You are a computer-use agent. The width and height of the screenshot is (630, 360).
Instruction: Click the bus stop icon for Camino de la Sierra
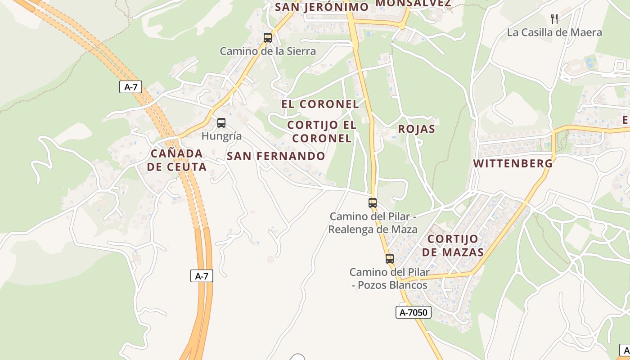click(268, 38)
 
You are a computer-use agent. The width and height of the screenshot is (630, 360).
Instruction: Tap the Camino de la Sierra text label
click(268, 51)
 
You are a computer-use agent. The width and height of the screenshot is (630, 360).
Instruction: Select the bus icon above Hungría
click(221, 122)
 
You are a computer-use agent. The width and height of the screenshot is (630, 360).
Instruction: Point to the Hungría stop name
click(221, 136)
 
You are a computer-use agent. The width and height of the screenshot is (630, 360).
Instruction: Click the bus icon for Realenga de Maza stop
click(373, 203)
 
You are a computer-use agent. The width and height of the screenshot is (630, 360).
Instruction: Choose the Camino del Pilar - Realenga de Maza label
click(373, 223)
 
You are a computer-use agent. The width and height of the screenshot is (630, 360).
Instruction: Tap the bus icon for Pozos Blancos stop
click(390, 259)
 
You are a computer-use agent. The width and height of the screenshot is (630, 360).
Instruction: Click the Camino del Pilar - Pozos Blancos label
click(389, 279)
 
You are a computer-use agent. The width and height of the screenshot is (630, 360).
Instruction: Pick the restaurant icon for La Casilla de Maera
click(554, 19)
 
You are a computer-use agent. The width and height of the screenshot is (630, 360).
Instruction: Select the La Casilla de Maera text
click(554, 32)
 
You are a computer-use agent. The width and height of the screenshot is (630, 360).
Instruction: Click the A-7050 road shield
click(414, 312)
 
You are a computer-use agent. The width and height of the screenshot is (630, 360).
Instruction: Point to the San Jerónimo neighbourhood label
click(321, 7)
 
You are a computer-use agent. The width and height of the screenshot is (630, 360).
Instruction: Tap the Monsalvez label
click(413, 4)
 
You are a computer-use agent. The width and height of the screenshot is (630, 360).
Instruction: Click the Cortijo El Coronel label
click(321, 131)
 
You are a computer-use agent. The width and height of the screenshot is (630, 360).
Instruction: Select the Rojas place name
click(417, 129)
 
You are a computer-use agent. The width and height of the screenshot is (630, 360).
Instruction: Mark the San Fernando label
click(276, 156)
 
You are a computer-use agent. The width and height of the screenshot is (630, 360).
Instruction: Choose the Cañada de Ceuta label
click(177, 160)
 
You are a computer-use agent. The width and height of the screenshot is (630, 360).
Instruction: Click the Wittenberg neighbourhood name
click(513, 163)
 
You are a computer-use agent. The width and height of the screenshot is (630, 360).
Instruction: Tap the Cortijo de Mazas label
click(453, 245)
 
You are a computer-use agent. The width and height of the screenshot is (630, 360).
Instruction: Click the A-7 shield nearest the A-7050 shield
click(202, 276)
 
